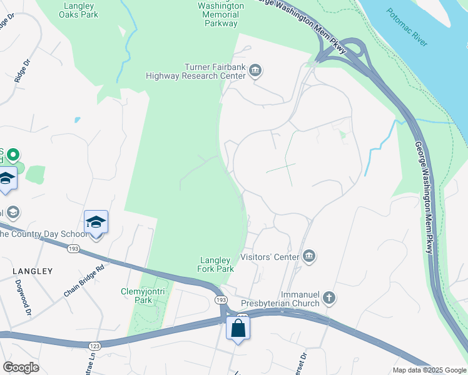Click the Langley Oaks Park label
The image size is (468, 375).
tap(78, 10)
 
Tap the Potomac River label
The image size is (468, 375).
tap(407, 27)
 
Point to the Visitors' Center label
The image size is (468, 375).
tap(270, 256)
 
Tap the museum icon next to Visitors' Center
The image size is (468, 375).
tap(308, 256)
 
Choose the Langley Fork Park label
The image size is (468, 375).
tap(216, 265)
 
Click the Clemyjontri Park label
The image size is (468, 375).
tap(136, 296)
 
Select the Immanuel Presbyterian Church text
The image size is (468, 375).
tap(278, 298)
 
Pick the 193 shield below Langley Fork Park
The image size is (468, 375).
tap(220, 301)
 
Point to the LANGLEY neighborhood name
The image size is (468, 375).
tap(32, 271)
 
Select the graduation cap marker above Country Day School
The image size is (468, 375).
tap(96, 222)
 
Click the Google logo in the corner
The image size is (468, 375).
tap(21, 367)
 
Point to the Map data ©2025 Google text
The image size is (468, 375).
tap(429, 370)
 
